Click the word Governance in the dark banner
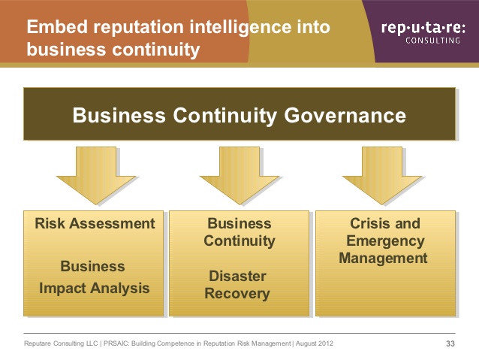click(x=345, y=116)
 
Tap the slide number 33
click(x=450, y=343)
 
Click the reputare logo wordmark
click(x=423, y=28)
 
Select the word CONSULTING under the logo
click(x=433, y=41)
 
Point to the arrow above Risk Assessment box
click(x=96, y=176)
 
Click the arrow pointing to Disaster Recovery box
click(x=239, y=176)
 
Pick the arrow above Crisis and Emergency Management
click(x=382, y=176)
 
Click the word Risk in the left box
click(x=50, y=223)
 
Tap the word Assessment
click(x=112, y=223)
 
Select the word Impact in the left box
click(x=63, y=289)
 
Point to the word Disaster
click(x=238, y=276)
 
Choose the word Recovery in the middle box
click(x=237, y=294)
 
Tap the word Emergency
click(x=385, y=241)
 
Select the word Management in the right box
click(x=383, y=258)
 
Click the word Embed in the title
click(x=57, y=26)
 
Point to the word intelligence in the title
click(x=239, y=28)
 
